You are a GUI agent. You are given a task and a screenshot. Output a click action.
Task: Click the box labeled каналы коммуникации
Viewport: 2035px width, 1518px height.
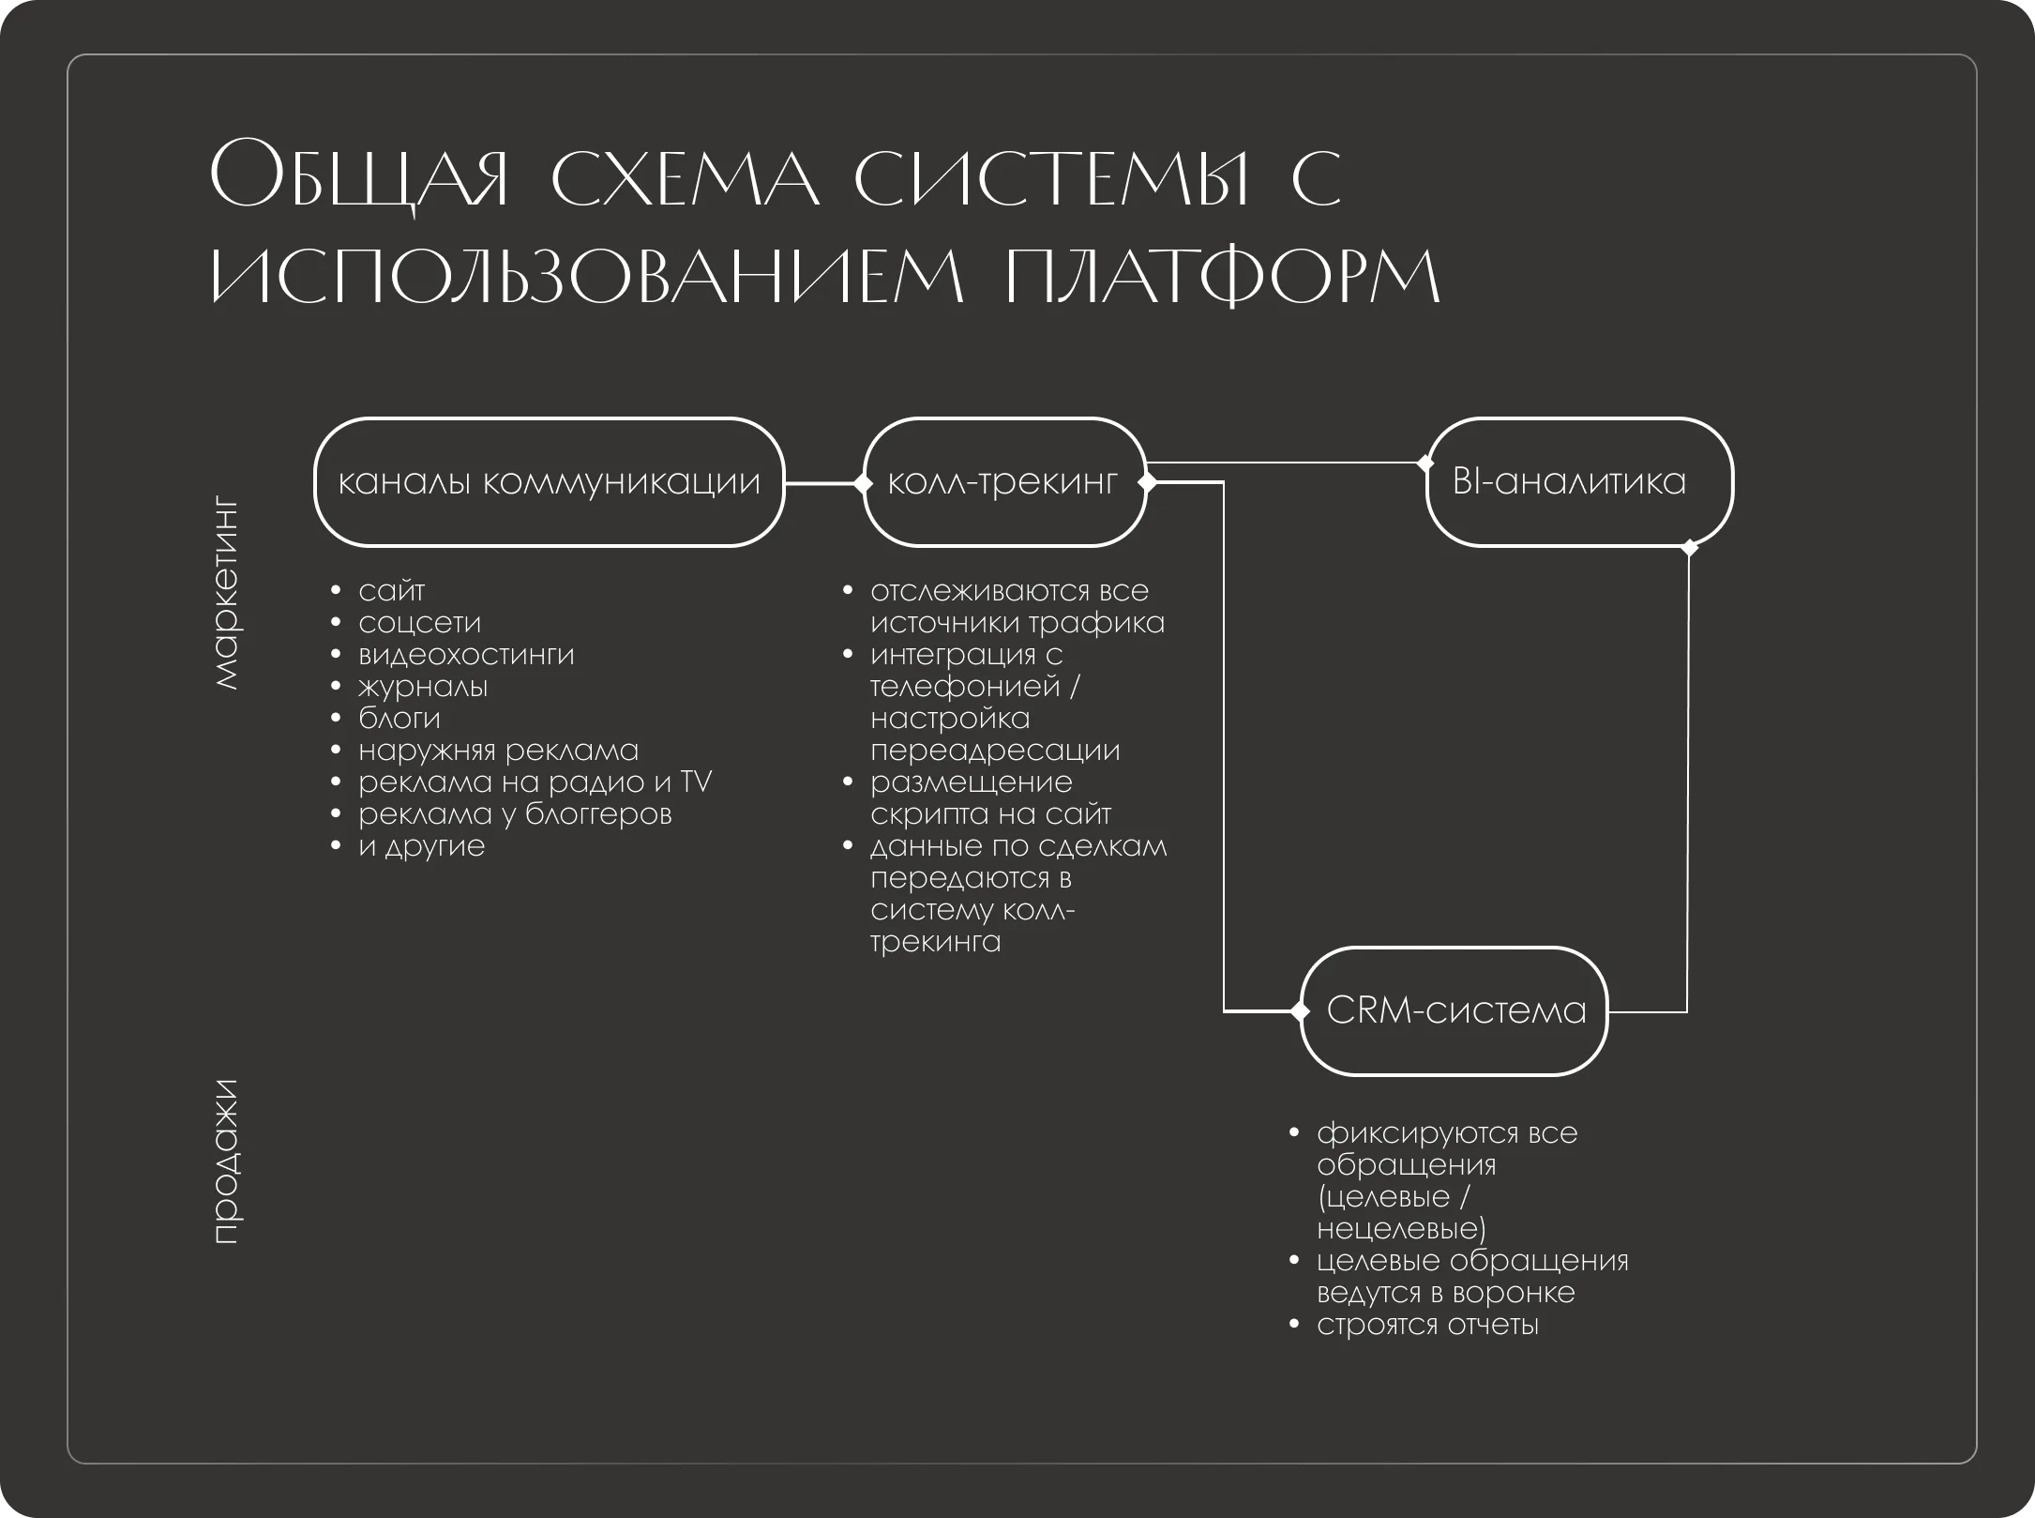(549, 482)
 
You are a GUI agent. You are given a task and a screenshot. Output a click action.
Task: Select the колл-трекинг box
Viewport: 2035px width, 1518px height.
(1004, 482)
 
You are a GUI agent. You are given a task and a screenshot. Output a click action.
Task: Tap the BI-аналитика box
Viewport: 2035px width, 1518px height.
(1579, 482)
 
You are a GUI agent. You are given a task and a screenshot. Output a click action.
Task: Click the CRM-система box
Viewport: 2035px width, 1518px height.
(1455, 1011)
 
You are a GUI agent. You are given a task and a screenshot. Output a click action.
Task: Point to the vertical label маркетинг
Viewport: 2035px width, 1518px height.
(227, 594)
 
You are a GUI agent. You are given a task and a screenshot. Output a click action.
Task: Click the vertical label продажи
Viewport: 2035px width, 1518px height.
(227, 1161)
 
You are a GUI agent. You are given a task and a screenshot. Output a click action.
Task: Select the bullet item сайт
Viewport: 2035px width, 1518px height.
(391, 591)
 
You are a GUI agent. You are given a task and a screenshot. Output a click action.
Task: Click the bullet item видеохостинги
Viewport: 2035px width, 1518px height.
(466, 655)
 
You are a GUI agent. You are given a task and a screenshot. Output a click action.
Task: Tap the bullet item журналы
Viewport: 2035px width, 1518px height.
(423, 687)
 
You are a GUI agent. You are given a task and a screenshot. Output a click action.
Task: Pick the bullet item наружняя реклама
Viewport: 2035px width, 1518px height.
(498, 751)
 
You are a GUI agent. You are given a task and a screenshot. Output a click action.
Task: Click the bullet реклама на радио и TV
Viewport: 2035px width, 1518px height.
(535, 782)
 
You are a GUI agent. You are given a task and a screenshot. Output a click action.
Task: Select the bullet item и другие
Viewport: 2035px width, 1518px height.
(421, 846)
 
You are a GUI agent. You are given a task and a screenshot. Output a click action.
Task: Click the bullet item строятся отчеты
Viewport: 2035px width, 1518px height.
(1427, 1325)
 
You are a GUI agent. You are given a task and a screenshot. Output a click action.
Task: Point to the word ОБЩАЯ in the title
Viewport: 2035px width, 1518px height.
(359, 175)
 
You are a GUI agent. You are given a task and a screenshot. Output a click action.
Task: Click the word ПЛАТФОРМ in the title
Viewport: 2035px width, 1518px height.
(1222, 276)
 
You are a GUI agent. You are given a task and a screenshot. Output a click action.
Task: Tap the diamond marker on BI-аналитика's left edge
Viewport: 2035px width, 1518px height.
(1425, 463)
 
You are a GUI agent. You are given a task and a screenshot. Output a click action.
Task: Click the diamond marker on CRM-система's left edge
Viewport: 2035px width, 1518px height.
(1301, 1011)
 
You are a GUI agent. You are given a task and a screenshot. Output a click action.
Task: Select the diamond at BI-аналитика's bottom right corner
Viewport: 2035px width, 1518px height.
(1689, 548)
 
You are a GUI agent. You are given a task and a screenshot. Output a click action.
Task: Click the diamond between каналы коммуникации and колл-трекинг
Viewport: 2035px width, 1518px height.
(863, 483)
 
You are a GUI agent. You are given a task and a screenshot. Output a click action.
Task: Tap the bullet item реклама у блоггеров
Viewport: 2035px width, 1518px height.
(515, 814)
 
